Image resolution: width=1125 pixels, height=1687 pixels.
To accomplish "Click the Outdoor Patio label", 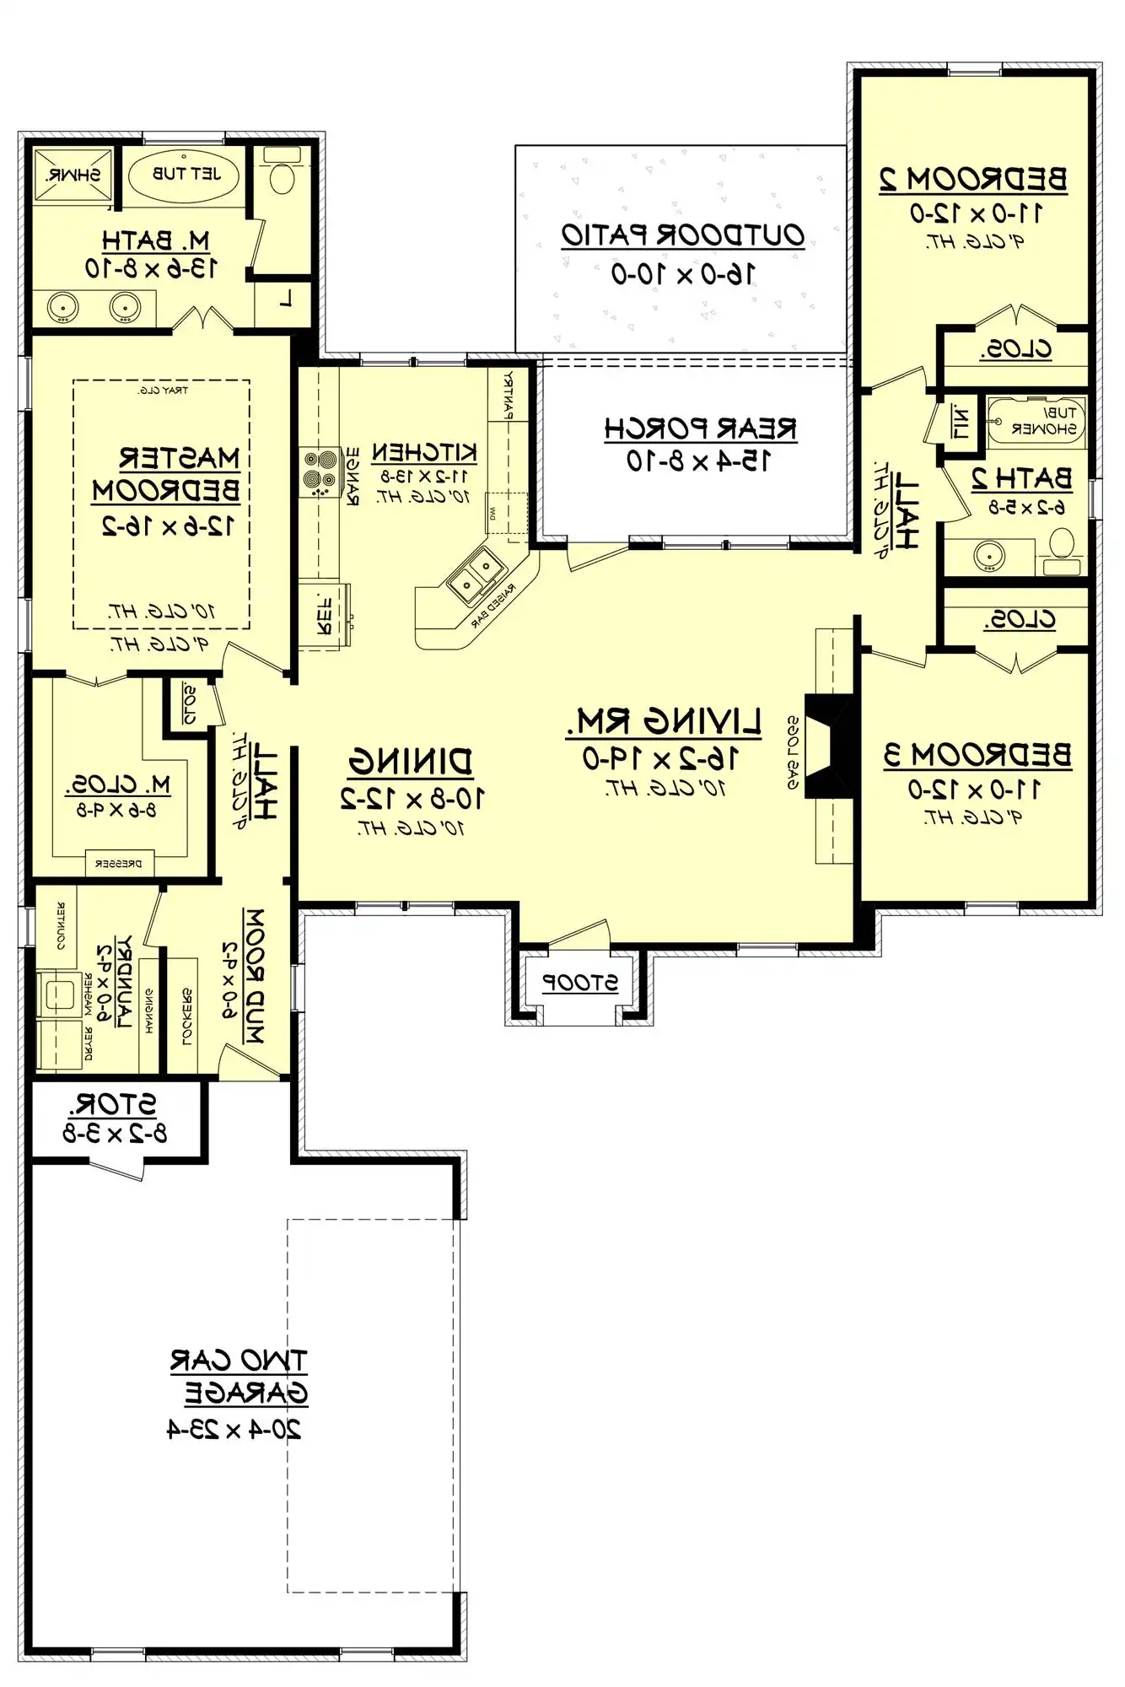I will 682,235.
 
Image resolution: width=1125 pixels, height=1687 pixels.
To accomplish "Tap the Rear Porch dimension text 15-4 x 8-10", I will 697,461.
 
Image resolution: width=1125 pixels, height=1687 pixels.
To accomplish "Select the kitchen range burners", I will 320,471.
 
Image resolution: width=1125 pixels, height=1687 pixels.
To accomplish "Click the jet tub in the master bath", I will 185,175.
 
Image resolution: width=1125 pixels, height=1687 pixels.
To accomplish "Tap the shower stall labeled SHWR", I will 73,175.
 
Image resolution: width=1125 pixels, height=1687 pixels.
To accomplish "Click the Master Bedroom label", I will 166,474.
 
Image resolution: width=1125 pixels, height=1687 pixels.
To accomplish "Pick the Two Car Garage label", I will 240,1377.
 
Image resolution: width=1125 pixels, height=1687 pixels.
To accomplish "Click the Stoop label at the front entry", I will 579,983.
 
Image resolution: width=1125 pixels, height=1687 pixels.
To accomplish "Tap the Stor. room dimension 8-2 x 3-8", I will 116,1133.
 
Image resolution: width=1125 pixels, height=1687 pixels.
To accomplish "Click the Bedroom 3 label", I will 977,754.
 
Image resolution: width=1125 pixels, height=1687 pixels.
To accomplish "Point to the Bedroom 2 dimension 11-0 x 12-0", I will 975,213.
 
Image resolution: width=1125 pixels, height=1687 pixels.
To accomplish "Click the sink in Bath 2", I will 988,555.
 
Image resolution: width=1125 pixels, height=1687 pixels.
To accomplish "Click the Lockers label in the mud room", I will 186,1016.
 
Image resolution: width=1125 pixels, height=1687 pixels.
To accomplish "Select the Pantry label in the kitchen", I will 509,395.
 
